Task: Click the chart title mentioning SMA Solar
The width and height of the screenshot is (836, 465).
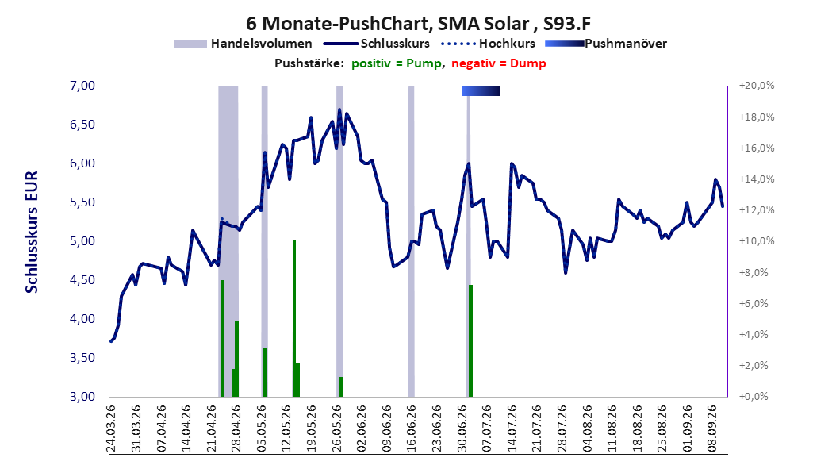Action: click(418, 24)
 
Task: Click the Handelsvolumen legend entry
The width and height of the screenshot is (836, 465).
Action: click(243, 44)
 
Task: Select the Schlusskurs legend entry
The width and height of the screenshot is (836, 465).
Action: click(377, 44)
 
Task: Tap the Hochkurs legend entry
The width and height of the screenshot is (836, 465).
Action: click(488, 44)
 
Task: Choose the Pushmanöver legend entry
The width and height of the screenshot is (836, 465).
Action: click(606, 44)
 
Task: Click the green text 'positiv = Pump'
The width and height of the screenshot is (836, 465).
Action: click(396, 63)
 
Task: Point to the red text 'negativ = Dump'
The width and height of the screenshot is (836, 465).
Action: click(499, 63)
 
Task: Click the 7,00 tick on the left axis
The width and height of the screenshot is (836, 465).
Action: click(82, 86)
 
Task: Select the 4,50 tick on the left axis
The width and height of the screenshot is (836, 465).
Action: click(82, 280)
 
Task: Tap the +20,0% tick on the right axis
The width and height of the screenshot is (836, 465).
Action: click(757, 86)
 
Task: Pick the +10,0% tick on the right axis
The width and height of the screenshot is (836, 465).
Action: click(757, 241)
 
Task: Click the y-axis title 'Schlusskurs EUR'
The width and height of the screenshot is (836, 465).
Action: click(32, 232)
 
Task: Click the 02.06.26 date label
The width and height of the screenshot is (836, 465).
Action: click(361, 428)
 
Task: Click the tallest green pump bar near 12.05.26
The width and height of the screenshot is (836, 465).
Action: click(293, 318)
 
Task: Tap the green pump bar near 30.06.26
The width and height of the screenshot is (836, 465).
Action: click(471, 340)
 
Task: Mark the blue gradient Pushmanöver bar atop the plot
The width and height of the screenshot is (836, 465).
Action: click(481, 90)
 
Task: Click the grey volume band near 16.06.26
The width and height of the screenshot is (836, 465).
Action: click(411, 241)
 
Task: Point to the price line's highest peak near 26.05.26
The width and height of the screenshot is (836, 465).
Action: click(339, 110)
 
